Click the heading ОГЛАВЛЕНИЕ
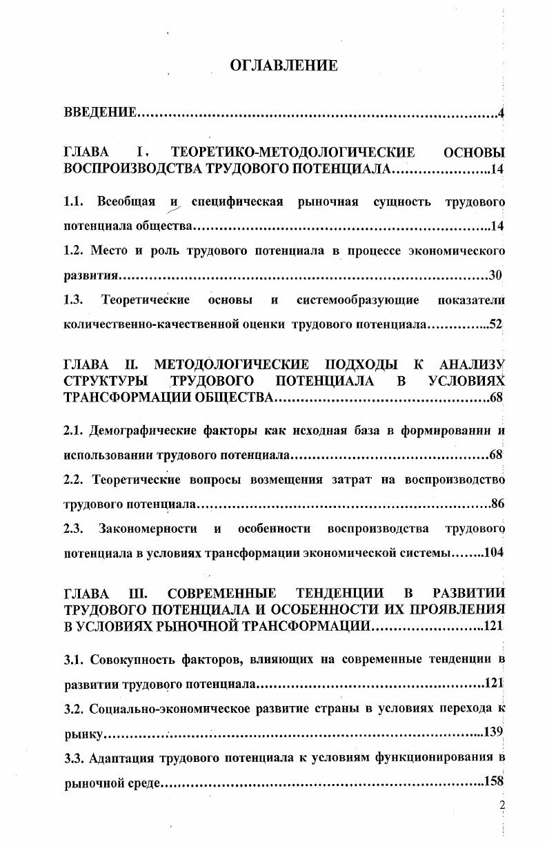point(283,66)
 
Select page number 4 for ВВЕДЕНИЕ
point(501,112)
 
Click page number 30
point(495,275)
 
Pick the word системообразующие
point(358,300)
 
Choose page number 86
point(497,504)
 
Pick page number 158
point(494,782)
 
